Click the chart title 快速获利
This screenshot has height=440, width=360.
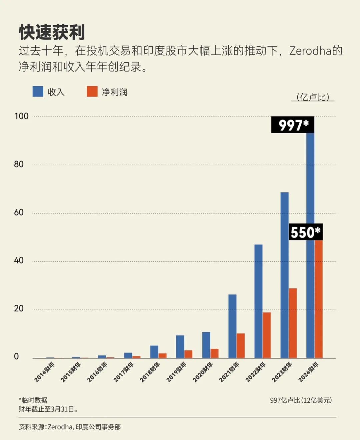(52, 32)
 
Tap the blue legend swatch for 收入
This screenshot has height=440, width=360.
(38, 92)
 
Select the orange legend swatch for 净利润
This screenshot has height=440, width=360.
(92, 92)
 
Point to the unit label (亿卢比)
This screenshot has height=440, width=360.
(313, 97)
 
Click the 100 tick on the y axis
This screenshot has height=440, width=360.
(21, 116)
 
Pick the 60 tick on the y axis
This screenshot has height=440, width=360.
(19, 213)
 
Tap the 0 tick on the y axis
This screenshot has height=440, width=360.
(16, 357)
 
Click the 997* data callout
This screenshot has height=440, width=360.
(293, 125)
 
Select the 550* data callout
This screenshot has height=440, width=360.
(306, 232)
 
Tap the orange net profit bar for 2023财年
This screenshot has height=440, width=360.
(293, 323)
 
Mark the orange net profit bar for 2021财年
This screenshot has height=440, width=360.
(241, 346)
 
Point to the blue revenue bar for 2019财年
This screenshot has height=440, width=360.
(180, 347)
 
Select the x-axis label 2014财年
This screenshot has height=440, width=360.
(44, 372)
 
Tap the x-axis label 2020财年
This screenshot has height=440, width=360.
(202, 372)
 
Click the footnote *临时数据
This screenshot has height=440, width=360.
(33, 400)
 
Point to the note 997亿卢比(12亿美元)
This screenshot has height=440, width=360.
(301, 400)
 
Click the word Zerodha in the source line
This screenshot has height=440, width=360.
(60, 427)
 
